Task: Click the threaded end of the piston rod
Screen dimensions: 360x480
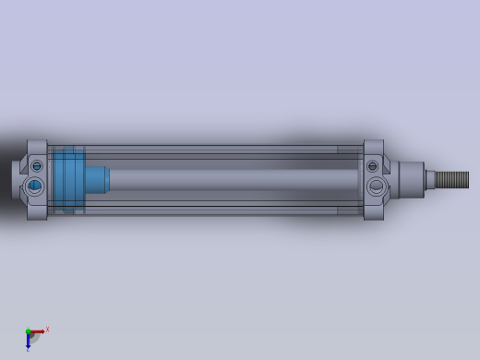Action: tap(452, 179)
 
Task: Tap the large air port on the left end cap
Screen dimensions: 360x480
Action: tap(35, 186)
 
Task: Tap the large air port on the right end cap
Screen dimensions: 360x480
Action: tap(377, 186)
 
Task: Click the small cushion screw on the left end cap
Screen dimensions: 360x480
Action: tap(37, 166)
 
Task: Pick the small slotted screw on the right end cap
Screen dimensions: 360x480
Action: tap(373, 166)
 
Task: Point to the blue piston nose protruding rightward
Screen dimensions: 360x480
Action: tap(98, 178)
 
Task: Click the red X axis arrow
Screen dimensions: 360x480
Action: tap(38, 330)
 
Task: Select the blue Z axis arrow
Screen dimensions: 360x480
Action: tap(28, 342)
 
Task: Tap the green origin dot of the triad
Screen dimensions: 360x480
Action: tap(28, 331)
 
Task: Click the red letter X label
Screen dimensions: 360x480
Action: tap(47, 329)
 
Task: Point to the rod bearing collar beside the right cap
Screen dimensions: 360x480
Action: tap(411, 179)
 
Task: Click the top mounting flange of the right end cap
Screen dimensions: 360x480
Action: tap(373, 147)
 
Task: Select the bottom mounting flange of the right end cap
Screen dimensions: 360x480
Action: tap(373, 212)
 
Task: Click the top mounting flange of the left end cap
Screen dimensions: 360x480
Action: tap(37, 147)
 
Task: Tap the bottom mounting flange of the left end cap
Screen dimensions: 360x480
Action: tap(37, 212)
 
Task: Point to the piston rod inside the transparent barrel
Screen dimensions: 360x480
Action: tap(231, 179)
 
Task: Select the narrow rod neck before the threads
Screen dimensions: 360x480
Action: tap(429, 179)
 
